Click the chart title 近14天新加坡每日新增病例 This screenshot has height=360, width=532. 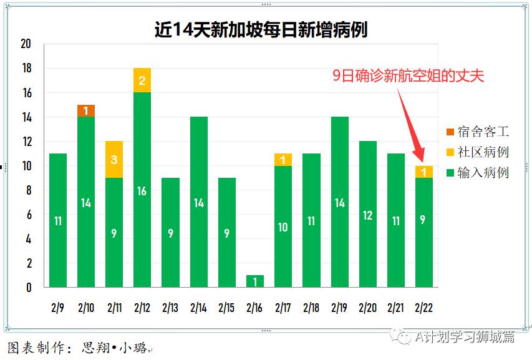click(x=261, y=30)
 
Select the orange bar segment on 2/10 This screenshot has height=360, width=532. click(x=86, y=110)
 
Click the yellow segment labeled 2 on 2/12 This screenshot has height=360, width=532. click(x=142, y=80)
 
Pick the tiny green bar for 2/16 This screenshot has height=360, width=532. click(x=254, y=281)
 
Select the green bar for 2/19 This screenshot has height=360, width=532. click(x=339, y=202)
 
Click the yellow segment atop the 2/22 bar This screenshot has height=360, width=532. click(x=423, y=172)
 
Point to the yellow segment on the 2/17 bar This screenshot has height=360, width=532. click(x=283, y=160)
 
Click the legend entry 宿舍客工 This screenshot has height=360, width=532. click(x=478, y=132)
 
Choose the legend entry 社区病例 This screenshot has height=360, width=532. click(x=478, y=152)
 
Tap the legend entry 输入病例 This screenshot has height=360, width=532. click(x=478, y=173)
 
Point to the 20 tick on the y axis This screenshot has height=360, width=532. click(x=26, y=44)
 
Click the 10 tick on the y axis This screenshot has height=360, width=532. click(x=26, y=166)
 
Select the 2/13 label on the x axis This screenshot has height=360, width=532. click(x=170, y=308)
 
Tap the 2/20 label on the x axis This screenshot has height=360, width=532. click(x=367, y=308)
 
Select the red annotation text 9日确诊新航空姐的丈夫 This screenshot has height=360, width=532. click(x=408, y=76)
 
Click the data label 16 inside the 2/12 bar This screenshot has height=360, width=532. click(x=142, y=191)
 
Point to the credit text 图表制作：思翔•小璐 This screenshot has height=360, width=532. click(x=77, y=348)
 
